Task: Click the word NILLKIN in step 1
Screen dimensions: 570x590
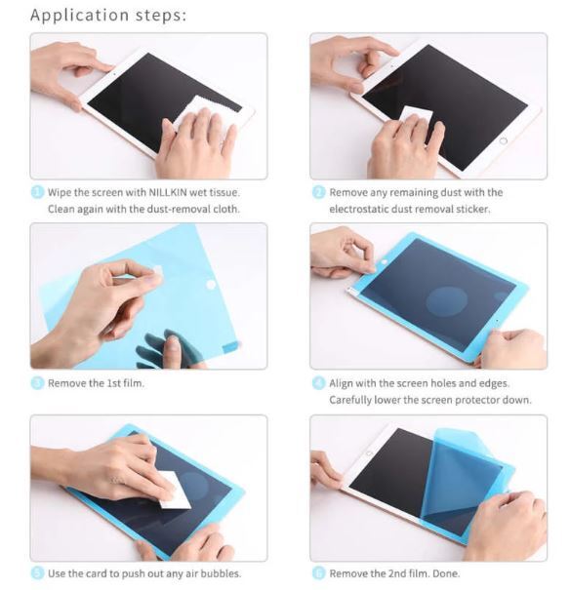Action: point(168,193)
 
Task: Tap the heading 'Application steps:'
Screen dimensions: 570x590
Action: point(108,16)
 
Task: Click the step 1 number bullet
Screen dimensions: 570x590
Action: point(37,192)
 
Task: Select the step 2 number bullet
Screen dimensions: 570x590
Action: point(318,192)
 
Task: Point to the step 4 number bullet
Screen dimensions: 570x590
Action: point(318,383)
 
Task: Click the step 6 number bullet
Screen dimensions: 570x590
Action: point(318,573)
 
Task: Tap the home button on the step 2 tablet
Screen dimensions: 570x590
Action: point(504,140)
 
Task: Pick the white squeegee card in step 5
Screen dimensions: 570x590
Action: point(174,490)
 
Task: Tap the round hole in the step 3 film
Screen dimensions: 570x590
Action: point(211,284)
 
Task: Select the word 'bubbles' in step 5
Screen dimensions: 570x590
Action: point(220,573)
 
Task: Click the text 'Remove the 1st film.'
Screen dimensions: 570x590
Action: point(96,383)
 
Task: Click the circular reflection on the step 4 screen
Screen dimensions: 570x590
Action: point(447,301)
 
